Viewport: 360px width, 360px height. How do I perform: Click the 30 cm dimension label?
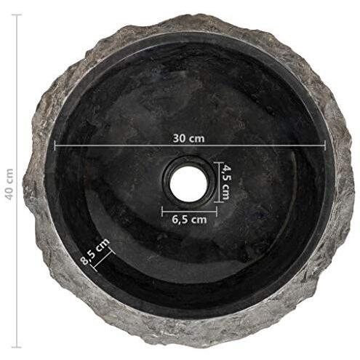188,138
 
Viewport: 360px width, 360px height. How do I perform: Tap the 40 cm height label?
10,184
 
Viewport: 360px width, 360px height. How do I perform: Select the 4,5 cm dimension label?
226,182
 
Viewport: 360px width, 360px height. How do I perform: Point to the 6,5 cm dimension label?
189,220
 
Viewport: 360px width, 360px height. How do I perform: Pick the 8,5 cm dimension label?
95,252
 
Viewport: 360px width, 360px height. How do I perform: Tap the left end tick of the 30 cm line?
55,145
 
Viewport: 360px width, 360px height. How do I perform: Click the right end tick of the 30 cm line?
325,145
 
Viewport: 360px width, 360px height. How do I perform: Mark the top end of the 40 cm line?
17,15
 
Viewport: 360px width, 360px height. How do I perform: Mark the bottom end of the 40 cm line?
17,347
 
